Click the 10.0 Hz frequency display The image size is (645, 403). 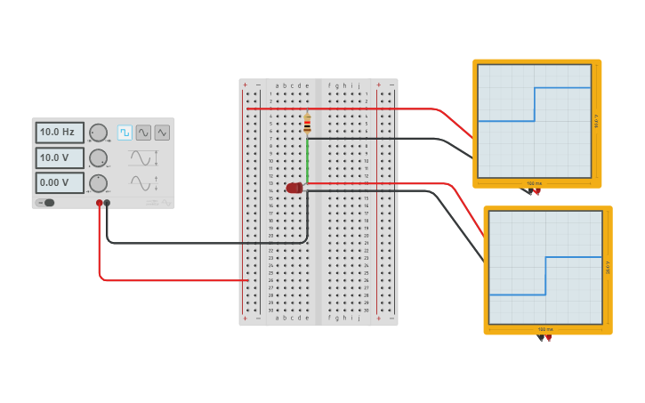coord(60,132)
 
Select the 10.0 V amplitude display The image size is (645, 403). coord(60,157)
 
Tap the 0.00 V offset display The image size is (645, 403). coord(60,182)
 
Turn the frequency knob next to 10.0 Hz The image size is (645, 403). coord(98,133)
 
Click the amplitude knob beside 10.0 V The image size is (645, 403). coord(98,158)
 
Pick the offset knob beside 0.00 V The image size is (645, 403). coord(98,183)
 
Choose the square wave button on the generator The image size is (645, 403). coord(125,132)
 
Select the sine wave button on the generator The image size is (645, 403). coord(143,132)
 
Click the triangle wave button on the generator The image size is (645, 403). coord(162,132)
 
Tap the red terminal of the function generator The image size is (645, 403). coord(100,203)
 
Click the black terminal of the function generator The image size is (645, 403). coord(108,203)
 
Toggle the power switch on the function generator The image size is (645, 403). coord(46,203)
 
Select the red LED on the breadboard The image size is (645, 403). coord(294,188)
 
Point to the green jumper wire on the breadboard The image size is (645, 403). coord(308,160)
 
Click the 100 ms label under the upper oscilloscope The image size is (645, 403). coord(533,183)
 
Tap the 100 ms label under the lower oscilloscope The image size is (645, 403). coord(544,329)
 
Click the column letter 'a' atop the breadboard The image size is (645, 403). coord(277,85)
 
